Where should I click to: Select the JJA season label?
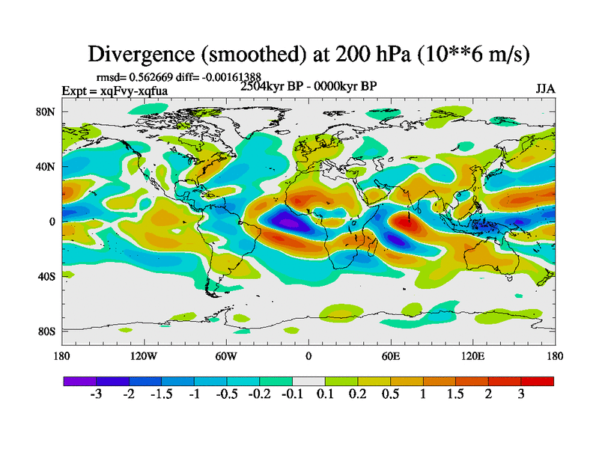coord(545,88)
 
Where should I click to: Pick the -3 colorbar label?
coord(96,394)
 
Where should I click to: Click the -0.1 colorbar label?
coord(292,394)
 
